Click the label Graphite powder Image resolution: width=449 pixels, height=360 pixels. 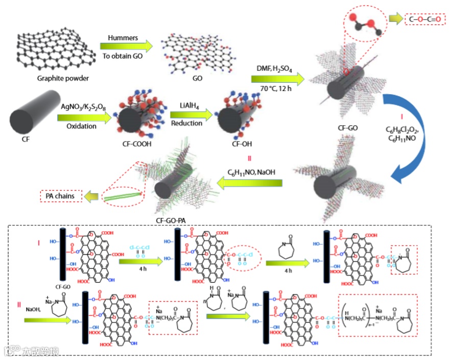click(63, 78)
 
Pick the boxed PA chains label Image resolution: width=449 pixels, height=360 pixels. click(60, 196)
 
